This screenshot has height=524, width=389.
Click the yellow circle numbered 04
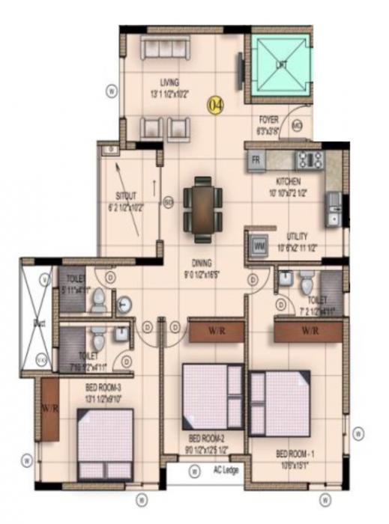pyautogui.click(x=215, y=105)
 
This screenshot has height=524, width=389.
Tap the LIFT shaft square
pyautogui.click(x=281, y=65)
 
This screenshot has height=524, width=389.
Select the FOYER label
pyautogui.click(x=268, y=120)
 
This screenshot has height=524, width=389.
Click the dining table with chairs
pyautogui.click(x=202, y=209)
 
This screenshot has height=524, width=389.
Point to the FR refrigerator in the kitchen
pyautogui.click(x=256, y=159)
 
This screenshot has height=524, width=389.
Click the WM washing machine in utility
pyautogui.click(x=259, y=245)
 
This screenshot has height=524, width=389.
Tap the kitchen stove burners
pyautogui.click(x=309, y=159)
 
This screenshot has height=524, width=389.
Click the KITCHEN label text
pyautogui.click(x=288, y=182)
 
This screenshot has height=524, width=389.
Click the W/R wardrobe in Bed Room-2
pyautogui.click(x=215, y=330)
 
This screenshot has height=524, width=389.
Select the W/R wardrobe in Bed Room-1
pyautogui.click(x=309, y=330)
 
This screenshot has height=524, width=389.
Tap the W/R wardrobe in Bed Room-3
pyautogui.click(x=50, y=409)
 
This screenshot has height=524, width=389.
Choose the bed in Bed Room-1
pyautogui.click(x=280, y=404)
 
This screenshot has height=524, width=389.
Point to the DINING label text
pyautogui.click(x=201, y=263)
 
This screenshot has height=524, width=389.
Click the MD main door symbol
pyautogui.click(x=297, y=124)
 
